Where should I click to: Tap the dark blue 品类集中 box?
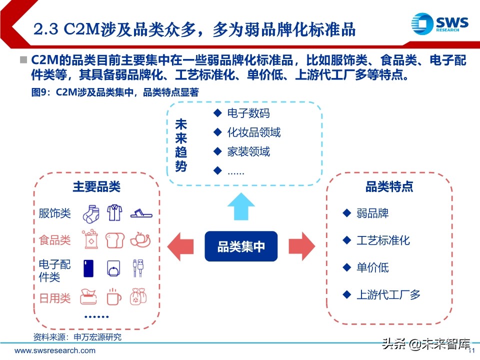tap(241, 246)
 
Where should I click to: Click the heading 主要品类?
tap(96, 187)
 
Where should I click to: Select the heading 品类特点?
tap(389, 187)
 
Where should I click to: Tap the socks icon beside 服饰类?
tap(91, 213)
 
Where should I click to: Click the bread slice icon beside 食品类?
tap(114, 240)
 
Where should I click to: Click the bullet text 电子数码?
tap(248, 113)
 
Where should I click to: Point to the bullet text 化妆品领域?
tap(254, 132)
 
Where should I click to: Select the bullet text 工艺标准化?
tap(383, 240)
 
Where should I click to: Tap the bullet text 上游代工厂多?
tap(388, 294)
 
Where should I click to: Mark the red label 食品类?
tap(55, 240)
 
